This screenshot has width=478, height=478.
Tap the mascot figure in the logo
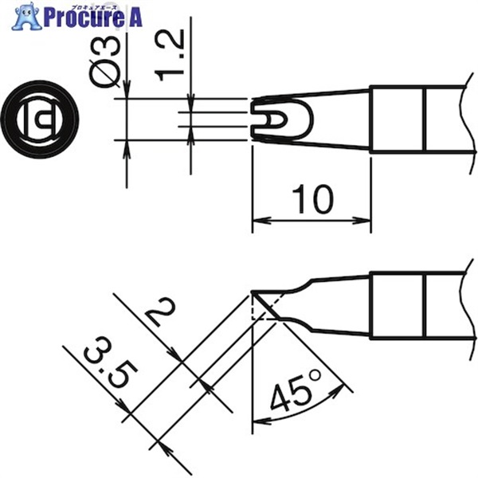point(27,16)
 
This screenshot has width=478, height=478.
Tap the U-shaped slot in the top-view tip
point(271,119)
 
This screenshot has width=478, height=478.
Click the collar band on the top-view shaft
point(397,119)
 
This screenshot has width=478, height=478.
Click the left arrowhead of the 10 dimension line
point(258,222)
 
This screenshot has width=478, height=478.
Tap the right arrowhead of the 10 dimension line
point(365,222)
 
